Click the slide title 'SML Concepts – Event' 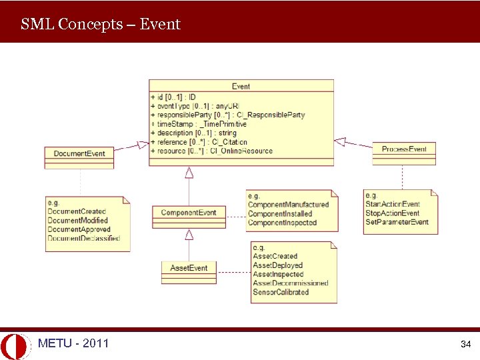(101, 25)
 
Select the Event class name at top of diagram (241, 86)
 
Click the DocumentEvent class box (79, 154)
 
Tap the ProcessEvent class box (404, 149)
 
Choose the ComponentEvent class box (189, 213)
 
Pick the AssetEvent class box (189, 268)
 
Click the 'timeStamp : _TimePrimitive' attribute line (200, 124)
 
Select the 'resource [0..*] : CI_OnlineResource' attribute (213, 151)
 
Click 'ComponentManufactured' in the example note (288, 205)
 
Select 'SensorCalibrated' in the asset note (281, 292)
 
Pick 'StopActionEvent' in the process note (392, 213)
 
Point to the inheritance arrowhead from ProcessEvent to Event (340, 141)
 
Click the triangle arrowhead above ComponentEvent (189, 173)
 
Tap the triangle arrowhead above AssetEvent (189, 234)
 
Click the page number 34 (465, 345)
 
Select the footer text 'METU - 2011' (73, 343)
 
